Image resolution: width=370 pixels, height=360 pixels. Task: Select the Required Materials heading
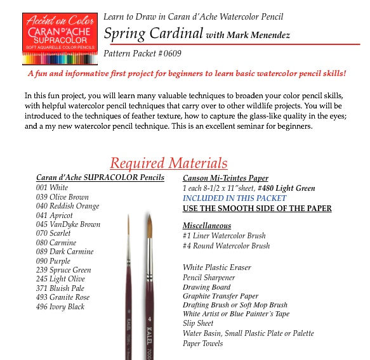(168, 163)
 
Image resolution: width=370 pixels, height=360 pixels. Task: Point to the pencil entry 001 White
(52, 188)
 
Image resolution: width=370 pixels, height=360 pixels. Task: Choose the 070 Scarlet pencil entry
(54, 233)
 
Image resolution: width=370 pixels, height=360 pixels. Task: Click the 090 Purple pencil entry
(53, 260)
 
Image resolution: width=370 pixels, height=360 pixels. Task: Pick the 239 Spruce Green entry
(63, 270)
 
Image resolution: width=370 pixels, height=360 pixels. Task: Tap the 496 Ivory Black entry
(60, 307)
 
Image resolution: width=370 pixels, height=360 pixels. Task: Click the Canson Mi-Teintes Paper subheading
(225, 178)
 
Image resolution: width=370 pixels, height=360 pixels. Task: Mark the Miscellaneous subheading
(207, 226)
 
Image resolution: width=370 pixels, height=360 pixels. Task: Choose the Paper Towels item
(202, 344)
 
